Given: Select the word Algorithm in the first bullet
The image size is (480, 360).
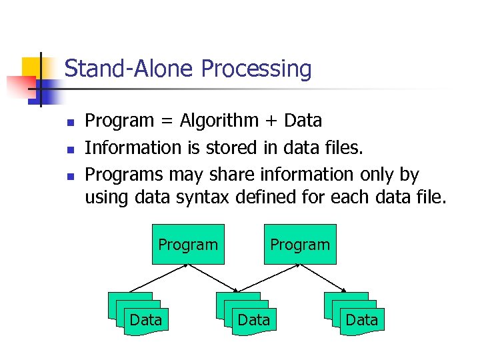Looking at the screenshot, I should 219,121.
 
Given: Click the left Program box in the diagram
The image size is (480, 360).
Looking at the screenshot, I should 188,245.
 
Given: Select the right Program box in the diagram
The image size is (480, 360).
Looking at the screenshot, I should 300,245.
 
